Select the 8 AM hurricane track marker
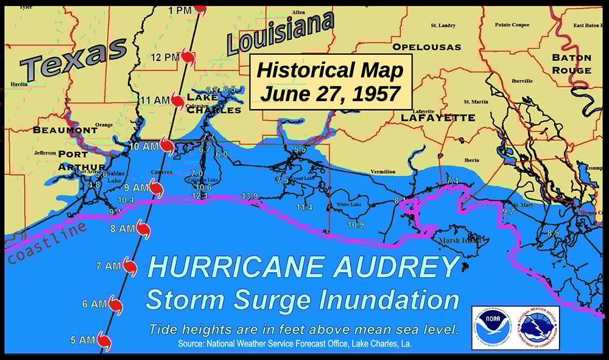[143, 229]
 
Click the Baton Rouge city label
[571, 64]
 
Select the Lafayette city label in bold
[436, 118]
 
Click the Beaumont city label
[65, 130]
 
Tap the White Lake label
[349, 205]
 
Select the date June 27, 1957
[330, 94]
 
